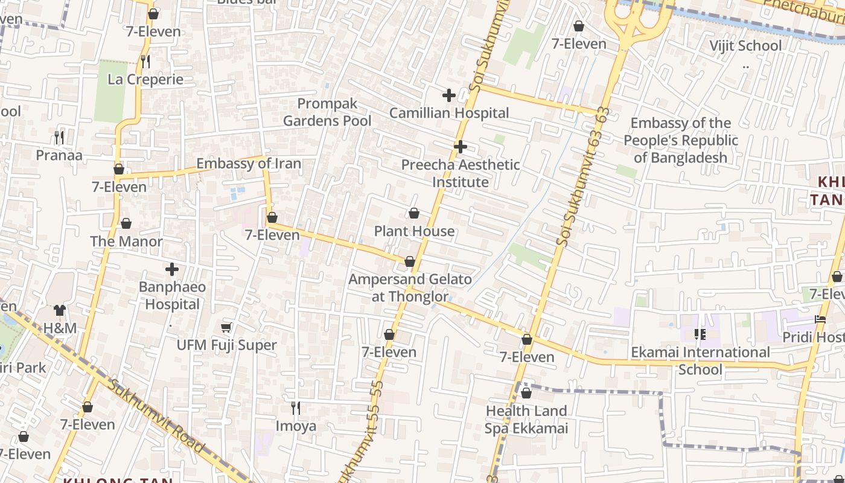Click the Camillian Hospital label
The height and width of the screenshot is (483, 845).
pyautogui.click(x=449, y=113)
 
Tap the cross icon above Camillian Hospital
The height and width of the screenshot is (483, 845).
pyautogui.click(x=448, y=95)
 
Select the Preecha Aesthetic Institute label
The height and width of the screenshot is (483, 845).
pyautogui.click(x=461, y=173)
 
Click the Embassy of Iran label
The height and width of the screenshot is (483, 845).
pyautogui.click(x=249, y=164)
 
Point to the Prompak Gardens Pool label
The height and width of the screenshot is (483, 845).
pyautogui.click(x=327, y=112)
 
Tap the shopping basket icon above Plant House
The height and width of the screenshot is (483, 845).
pyautogui.click(x=414, y=213)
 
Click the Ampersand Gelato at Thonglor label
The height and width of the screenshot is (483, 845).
pyautogui.click(x=410, y=287)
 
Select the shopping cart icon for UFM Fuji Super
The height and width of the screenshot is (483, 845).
pyautogui.click(x=226, y=327)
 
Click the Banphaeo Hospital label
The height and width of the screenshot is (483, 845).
pyautogui.click(x=173, y=295)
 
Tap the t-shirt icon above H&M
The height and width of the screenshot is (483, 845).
pyautogui.click(x=60, y=310)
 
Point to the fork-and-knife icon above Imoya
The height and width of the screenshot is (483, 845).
pyautogui.click(x=296, y=408)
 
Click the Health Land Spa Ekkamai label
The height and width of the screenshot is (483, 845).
pyautogui.click(x=526, y=420)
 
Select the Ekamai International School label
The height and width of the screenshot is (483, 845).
pyautogui.click(x=700, y=360)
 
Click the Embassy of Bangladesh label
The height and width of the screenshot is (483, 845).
pyautogui.click(x=680, y=140)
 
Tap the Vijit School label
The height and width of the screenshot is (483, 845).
pyautogui.click(x=745, y=46)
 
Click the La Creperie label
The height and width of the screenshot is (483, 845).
pyautogui.click(x=145, y=80)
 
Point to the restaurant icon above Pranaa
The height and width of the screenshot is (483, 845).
pyautogui.click(x=59, y=138)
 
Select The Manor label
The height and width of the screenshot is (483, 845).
pyautogui.click(x=126, y=241)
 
